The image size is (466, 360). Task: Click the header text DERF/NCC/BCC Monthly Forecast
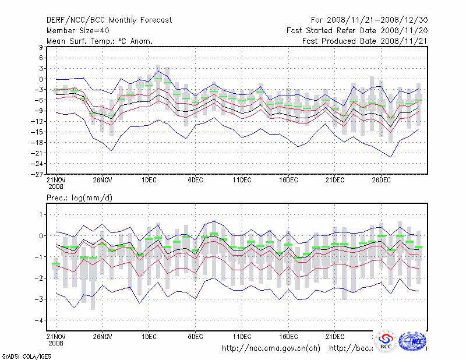tap(109, 20)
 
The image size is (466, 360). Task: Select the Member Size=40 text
tap(77, 30)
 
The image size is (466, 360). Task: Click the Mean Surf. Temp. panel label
tap(99, 41)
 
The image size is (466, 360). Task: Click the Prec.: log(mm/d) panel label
tap(80, 198)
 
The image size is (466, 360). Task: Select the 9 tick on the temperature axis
tap(41, 48)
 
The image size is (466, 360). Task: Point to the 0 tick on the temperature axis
tap(41, 79)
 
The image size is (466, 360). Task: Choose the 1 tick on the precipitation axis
tap(41, 215)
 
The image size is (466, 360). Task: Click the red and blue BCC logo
tap(385, 341)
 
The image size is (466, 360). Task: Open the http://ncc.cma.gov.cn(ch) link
tap(271, 348)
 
